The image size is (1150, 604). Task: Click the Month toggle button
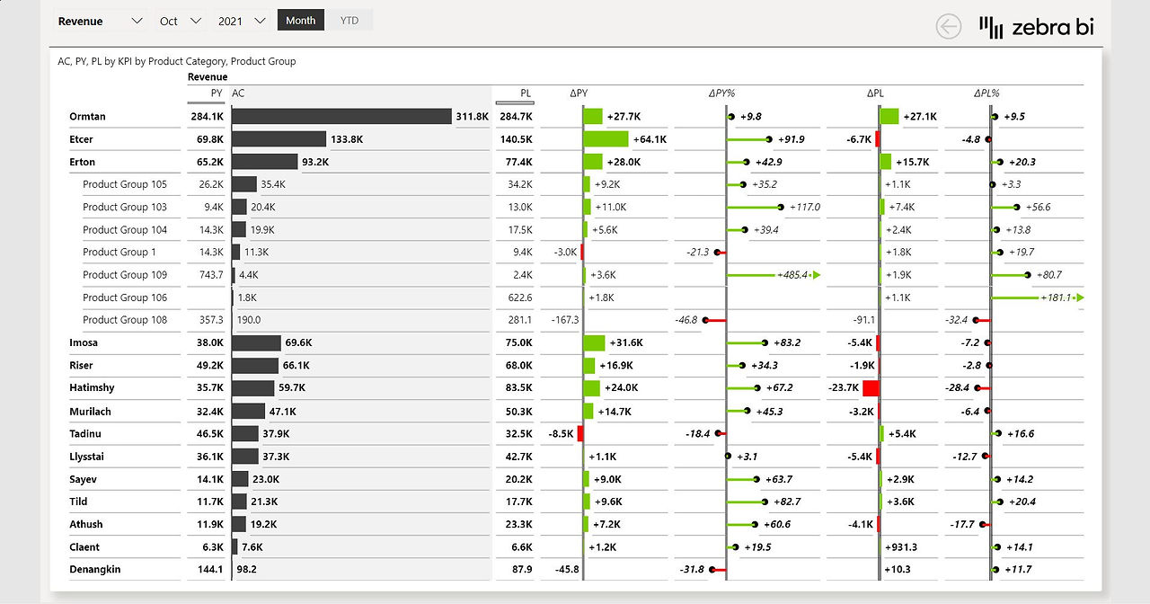(300, 20)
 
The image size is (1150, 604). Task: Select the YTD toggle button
(349, 20)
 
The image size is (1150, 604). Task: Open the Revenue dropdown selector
(100, 21)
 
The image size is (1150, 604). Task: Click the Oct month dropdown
(180, 21)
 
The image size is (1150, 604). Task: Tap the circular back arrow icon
(948, 26)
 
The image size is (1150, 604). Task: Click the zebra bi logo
(1037, 27)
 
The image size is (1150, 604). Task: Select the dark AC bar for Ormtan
(341, 116)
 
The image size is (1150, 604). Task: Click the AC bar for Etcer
(279, 138)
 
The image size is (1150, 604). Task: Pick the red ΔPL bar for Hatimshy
(871, 387)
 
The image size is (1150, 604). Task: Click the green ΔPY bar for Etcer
(606, 138)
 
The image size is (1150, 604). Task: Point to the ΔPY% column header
(721, 93)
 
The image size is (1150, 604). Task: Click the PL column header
(526, 93)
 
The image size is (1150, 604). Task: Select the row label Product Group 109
(125, 275)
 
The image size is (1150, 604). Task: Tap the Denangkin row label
(95, 569)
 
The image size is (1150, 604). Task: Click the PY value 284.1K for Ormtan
(207, 117)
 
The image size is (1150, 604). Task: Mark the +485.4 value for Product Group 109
(792, 275)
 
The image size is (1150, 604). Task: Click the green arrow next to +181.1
(1080, 298)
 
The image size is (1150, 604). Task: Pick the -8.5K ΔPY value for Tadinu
(561, 433)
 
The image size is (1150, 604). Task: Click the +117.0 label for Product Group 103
(804, 207)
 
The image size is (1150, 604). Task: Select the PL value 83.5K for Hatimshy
(518, 387)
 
